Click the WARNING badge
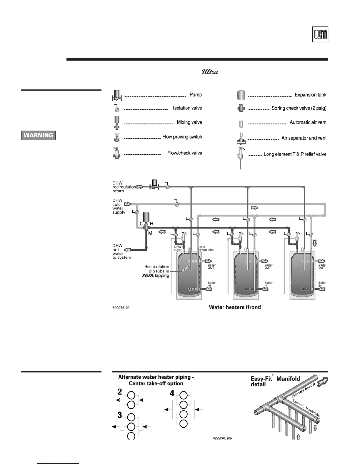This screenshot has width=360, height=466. coord(38,135)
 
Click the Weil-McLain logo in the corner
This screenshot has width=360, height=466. coord(320,35)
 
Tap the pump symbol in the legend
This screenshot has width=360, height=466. coord(117,95)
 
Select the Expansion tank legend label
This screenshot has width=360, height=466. coord(310,95)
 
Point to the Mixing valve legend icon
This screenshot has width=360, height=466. coord(117,122)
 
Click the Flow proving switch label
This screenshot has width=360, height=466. coord(182,137)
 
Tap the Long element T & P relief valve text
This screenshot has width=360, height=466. coord(295,154)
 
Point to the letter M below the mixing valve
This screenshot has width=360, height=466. coord(150,233)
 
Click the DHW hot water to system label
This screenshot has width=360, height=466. coord(121,252)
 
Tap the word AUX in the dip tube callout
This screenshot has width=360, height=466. coord(148,276)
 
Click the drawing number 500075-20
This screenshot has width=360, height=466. coord(121,308)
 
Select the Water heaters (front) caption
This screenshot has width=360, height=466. coord(235,307)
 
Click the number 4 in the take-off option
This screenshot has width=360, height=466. coord(172,393)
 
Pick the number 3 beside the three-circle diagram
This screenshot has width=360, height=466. coord(120,415)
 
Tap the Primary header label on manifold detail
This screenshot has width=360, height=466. coord(304,390)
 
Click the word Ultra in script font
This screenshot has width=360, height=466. coord(210,72)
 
